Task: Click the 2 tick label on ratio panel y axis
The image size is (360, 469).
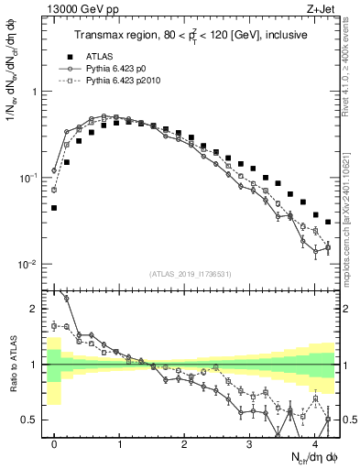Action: click(33, 309)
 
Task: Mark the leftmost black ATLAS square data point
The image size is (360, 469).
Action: click(54, 208)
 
